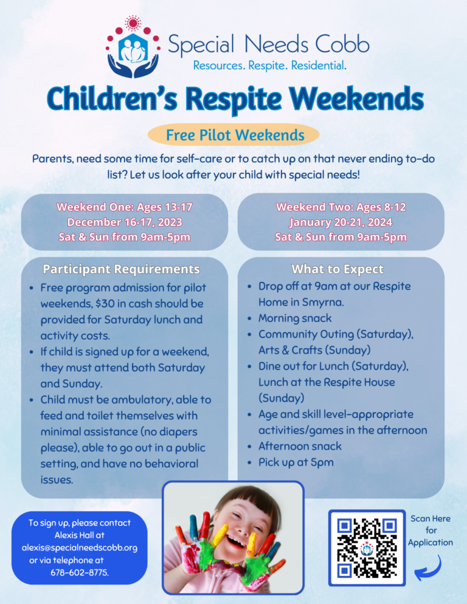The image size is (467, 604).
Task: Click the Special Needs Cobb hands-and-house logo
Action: tap(133, 48)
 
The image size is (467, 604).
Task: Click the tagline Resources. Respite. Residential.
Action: tap(270, 65)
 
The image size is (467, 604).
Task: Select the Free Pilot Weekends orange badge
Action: tap(234, 134)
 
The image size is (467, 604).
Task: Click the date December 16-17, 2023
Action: tap(125, 222)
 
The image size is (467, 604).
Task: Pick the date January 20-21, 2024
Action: tap(341, 222)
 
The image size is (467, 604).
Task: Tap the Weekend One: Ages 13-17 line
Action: tap(125, 207)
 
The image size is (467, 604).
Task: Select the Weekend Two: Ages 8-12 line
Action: tap(341, 207)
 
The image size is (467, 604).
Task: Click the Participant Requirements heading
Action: tap(121, 269)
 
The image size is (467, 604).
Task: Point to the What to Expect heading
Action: tap(337, 269)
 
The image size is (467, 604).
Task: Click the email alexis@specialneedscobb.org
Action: tap(79, 547)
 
